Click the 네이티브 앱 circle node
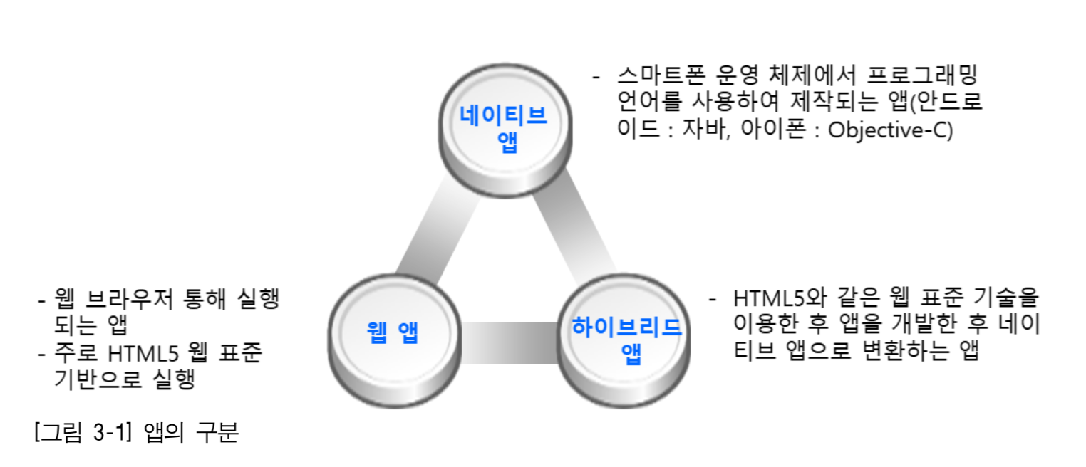point(505,130)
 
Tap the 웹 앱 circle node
point(394,341)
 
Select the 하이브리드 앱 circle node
point(624,341)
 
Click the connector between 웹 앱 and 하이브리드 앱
point(509,343)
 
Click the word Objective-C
point(890,130)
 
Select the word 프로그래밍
point(921,75)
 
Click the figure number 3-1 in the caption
point(113,431)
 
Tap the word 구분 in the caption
point(217,431)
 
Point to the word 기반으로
point(98,379)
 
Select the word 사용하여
point(735,102)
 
